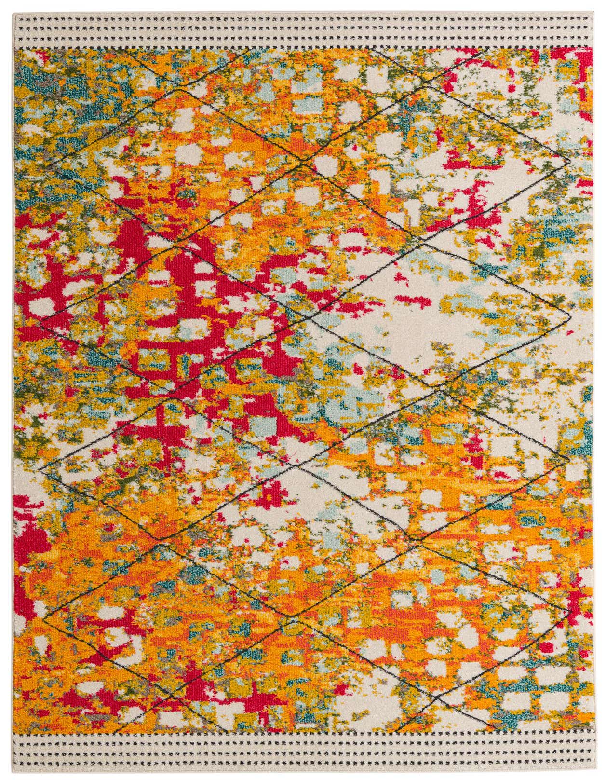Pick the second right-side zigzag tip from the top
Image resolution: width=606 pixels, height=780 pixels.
pos(570,316)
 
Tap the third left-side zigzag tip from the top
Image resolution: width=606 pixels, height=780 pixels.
pos(41,468)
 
